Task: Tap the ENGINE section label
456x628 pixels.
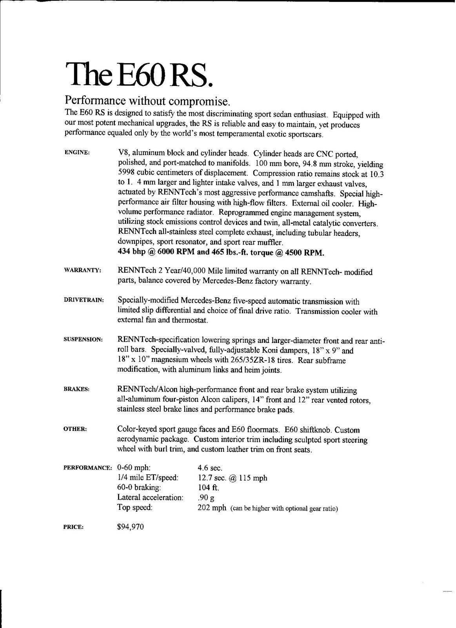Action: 77,153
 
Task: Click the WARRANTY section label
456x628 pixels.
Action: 83,270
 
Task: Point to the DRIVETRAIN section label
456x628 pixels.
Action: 84,300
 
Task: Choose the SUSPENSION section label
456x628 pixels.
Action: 84,339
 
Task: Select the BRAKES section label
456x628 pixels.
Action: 77,389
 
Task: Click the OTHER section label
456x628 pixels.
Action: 75,429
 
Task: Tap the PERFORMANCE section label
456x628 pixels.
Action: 88,468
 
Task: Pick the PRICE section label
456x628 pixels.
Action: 73,528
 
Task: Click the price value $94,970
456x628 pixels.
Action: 131,527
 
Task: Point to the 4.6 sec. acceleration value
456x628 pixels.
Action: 210,468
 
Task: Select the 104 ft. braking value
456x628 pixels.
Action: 208,488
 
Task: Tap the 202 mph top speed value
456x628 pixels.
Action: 212,508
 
